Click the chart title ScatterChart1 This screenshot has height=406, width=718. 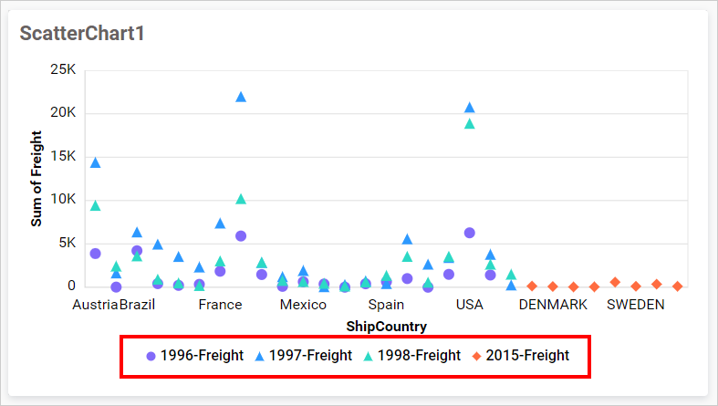pyautogui.click(x=83, y=33)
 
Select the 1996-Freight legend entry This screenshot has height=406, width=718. pyautogui.click(x=194, y=356)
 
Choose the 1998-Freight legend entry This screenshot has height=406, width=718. pyautogui.click(x=411, y=356)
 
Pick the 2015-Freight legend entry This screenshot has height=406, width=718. pyautogui.click(x=519, y=356)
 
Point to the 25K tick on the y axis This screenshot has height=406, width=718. pyautogui.click(x=62, y=70)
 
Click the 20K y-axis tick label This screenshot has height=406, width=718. pyautogui.click(x=62, y=113)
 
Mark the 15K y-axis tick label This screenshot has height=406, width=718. pyautogui.click(x=62, y=156)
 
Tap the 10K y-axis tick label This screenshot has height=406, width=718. pyautogui.click(x=62, y=200)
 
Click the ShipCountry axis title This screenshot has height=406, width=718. pyautogui.click(x=387, y=326)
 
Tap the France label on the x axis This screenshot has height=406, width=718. pyautogui.click(x=220, y=305)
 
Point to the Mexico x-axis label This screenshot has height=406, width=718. pyautogui.click(x=303, y=305)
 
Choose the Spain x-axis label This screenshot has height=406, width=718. pyautogui.click(x=386, y=305)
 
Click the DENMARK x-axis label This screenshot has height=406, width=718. pyautogui.click(x=553, y=305)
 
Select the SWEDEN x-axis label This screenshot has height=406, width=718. pyautogui.click(x=636, y=305)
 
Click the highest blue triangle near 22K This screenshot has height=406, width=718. pyautogui.click(x=241, y=97)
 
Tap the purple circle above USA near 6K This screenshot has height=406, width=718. pyautogui.click(x=470, y=233)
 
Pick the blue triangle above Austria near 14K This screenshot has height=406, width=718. pyautogui.click(x=95, y=162)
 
